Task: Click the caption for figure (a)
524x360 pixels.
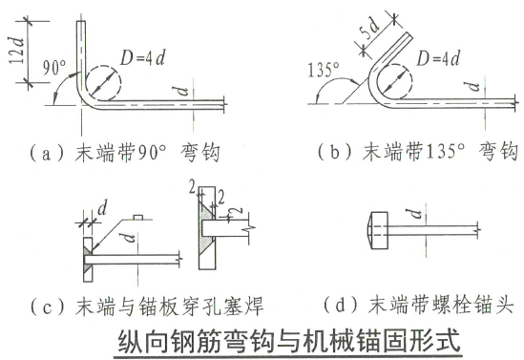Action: point(123,150)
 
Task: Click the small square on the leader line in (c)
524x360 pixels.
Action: point(138,218)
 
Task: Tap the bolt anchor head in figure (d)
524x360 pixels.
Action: point(375,227)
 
